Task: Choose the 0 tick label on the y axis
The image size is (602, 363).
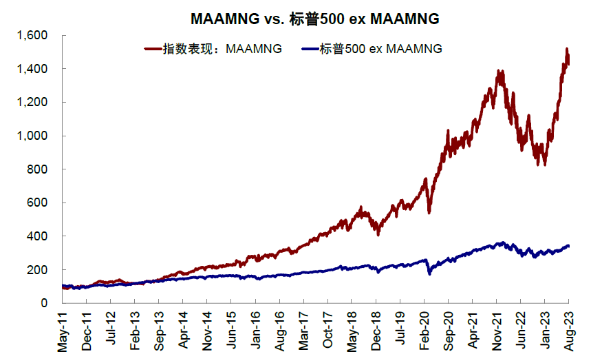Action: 43,303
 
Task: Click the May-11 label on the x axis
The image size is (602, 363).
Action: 63,334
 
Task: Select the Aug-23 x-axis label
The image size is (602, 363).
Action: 568,334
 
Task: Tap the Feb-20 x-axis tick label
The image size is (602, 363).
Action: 424,334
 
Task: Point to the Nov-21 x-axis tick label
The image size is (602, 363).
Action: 496,334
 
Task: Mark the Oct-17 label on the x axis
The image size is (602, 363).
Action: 328,334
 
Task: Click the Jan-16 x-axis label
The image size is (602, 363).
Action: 256,334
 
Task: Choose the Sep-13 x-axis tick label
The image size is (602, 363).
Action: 160,334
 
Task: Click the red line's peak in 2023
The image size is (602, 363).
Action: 566,49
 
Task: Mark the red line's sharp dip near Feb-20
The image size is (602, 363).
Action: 429,211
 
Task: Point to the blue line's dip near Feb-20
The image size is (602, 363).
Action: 429,273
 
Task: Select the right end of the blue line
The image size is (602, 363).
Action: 568,245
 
